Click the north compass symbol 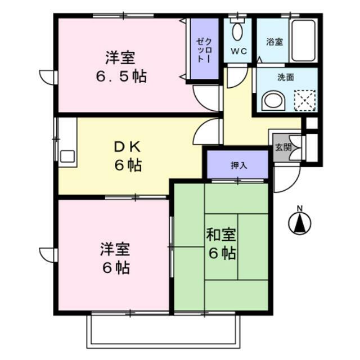pyautogui.click(x=300, y=223)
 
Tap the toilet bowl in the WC pyautogui.click(x=237, y=31)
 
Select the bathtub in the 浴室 pyautogui.click(x=303, y=40)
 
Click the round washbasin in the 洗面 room pyautogui.click(x=273, y=101)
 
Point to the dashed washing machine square pyautogui.click(x=305, y=101)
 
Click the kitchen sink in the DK pyautogui.click(x=67, y=156)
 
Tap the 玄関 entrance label pyautogui.click(x=283, y=147)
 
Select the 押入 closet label pyautogui.click(x=239, y=165)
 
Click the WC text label pyautogui.click(x=238, y=51)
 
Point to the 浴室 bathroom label pyautogui.click(x=274, y=42)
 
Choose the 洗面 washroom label pyautogui.click(x=286, y=78)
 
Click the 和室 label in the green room pyautogui.click(x=221, y=235)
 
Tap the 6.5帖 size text pyautogui.click(x=121, y=76)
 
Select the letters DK pyautogui.click(x=128, y=147)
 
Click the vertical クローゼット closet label pyautogui.click(x=204, y=51)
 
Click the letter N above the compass pyautogui.click(x=300, y=209)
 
